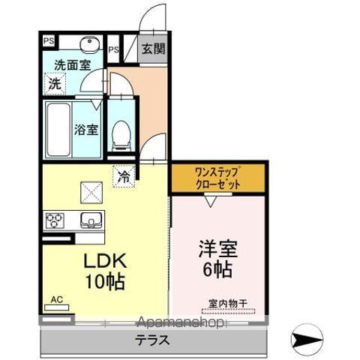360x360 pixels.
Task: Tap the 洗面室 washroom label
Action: [x=65, y=65]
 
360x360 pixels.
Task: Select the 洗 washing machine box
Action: [x=55, y=83]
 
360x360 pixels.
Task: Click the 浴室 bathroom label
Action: [x=85, y=129]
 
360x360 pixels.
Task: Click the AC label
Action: [x=55, y=299]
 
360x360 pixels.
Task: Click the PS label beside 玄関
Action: [x=113, y=49]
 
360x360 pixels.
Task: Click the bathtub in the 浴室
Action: [x=58, y=129]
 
